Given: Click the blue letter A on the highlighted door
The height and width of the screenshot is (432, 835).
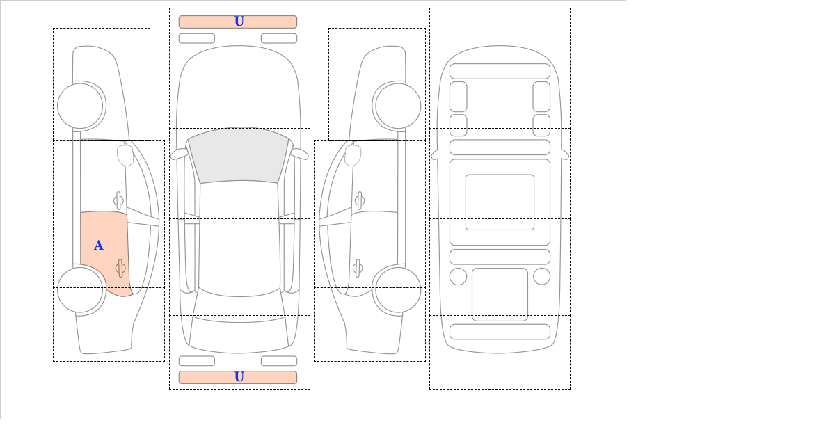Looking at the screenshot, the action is [98, 246].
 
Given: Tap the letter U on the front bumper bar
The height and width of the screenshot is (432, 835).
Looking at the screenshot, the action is [239, 22].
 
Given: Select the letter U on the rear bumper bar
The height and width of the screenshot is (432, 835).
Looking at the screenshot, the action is [239, 377].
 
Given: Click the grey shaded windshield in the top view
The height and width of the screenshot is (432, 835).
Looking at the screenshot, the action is [239, 157].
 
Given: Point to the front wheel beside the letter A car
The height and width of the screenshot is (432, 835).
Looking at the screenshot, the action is [81, 106].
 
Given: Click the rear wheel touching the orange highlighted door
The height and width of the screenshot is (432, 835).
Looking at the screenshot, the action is [81, 289].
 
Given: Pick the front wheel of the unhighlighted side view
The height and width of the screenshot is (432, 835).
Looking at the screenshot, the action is [398, 106].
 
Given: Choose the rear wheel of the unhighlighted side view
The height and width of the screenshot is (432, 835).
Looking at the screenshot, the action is [398, 289].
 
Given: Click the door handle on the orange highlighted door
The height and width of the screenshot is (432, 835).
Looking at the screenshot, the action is [120, 268].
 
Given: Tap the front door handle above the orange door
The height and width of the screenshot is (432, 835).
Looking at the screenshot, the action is [118, 201].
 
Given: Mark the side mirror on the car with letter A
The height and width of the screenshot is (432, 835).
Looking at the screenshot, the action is [125, 155].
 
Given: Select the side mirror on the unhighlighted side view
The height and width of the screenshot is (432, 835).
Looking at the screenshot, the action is [353, 155].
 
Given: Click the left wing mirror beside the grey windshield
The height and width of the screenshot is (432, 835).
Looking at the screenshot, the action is [179, 154].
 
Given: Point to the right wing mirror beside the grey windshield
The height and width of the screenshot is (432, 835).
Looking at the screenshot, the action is [299, 154].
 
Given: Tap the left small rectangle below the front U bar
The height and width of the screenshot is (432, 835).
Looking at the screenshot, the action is [197, 38].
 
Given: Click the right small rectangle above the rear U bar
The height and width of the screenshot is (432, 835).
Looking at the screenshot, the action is [279, 361].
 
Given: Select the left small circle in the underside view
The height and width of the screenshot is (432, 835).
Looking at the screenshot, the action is [458, 277].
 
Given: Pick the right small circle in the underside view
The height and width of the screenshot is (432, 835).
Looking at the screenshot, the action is [541, 277].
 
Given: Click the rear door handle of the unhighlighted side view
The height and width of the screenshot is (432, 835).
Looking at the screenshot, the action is [358, 268].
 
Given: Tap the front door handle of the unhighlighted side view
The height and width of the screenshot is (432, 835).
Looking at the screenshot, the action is [360, 201].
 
